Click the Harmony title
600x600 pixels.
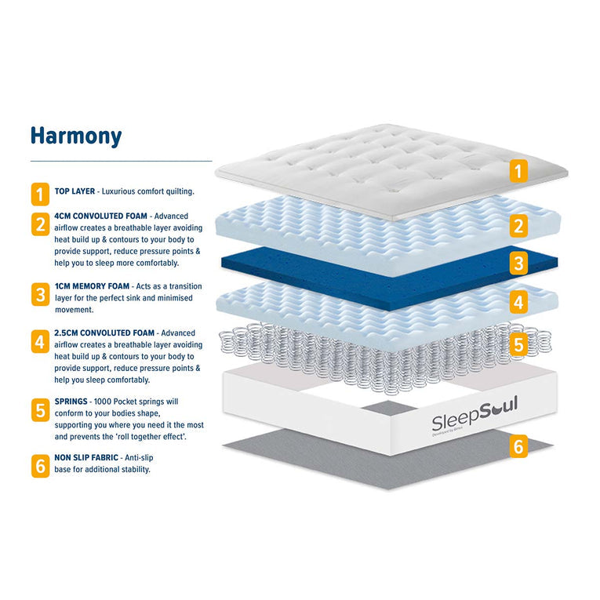pyautogui.click(x=76, y=136)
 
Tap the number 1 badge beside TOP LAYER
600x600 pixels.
pyautogui.click(x=40, y=194)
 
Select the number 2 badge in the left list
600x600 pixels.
pyautogui.click(x=40, y=224)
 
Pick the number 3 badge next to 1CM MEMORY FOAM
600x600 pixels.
pyautogui.click(x=40, y=294)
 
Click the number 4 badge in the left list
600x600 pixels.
pyautogui.click(x=40, y=341)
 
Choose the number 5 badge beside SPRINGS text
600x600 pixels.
pyautogui.click(x=40, y=410)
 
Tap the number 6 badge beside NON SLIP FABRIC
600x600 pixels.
pyautogui.click(x=40, y=466)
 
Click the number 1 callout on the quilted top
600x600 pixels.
pyautogui.click(x=518, y=171)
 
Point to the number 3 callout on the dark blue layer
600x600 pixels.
pyautogui.click(x=518, y=264)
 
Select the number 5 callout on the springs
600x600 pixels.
pyautogui.click(x=518, y=345)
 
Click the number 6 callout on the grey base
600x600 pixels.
pyautogui.click(x=518, y=446)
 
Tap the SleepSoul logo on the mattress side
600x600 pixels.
pyautogui.click(x=475, y=416)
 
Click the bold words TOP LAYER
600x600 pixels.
pyautogui.click(x=75, y=191)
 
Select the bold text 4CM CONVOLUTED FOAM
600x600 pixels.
pyautogui.click(x=100, y=216)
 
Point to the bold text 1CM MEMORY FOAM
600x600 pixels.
pyautogui.click(x=92, y=286)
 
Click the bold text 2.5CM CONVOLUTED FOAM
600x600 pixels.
pyautogui.click(x=104, y=333)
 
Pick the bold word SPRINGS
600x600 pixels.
pyautogui.click(x=71, y=402)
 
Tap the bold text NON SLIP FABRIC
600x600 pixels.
pyautogui.click(x=86, y=458)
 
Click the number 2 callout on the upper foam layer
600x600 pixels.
pyautogui.click(x=518, y=226)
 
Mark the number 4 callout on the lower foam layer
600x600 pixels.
pyautogui.click(x=518, y=302)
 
